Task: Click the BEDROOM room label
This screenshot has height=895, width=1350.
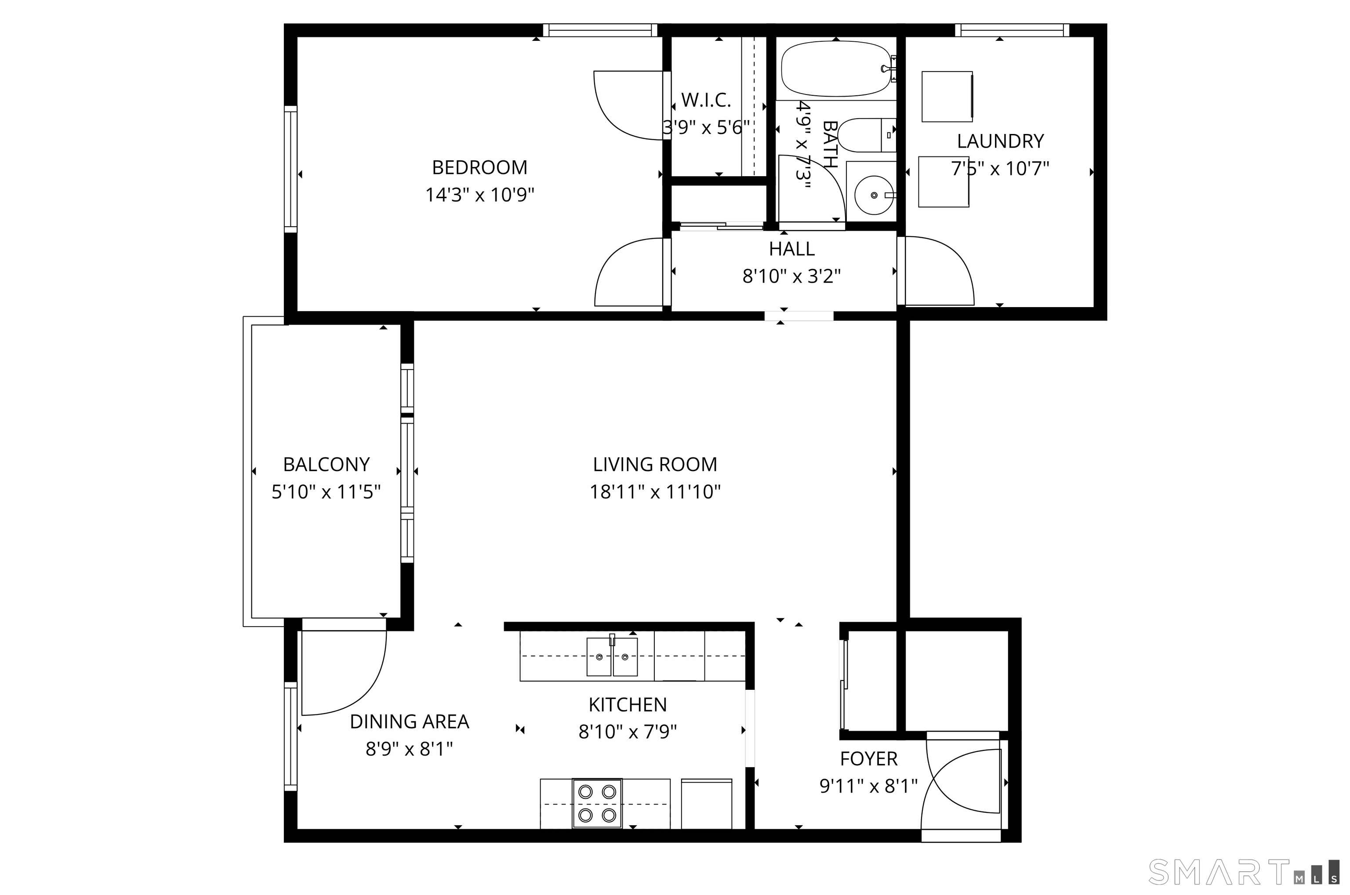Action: pyautogui.click(x=479, y=168)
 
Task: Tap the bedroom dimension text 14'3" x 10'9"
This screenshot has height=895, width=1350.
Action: pyautogui.click(x=479, y=195)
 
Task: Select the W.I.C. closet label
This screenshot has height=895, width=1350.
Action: pyautogui.click(x=706, y=101)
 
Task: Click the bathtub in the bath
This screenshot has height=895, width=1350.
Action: pyautogui.click(x=836, y=71)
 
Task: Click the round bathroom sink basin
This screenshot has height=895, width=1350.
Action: pyautogui.click(x=874, y=195)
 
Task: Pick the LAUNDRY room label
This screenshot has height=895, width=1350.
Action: pyautogui.click(x=1000, y=141)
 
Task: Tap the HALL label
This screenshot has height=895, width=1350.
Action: pyautogui.click(x=792, y=249)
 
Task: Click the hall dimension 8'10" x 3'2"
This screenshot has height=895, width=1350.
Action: pyautogui.click(x=792, y=277)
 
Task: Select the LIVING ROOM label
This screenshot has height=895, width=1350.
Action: pyautogui.click(x=655, y=464)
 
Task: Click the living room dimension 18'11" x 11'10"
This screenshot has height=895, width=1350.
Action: pyautogui.click(x=655, y=492)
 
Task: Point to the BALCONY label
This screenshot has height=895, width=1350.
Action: pyautogui.click(x=326, y=464)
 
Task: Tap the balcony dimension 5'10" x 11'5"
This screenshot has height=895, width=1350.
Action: pyautogui.click(x=326, y=492)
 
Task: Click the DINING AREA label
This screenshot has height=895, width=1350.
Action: pyautogui.click(x=409, y=722)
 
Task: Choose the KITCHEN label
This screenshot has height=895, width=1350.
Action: pyautogui.click(x=628, y=705)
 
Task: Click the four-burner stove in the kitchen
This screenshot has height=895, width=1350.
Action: pyautogui.click(x=597, y=803)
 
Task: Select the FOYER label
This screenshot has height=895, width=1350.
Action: pyautogui.click(x=869, y=759)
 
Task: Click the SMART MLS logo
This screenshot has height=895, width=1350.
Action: pyautogui.click(x=1243, y=872)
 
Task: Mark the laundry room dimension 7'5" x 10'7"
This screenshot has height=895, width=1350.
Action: pyautogui.click(x=1000, y=169)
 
